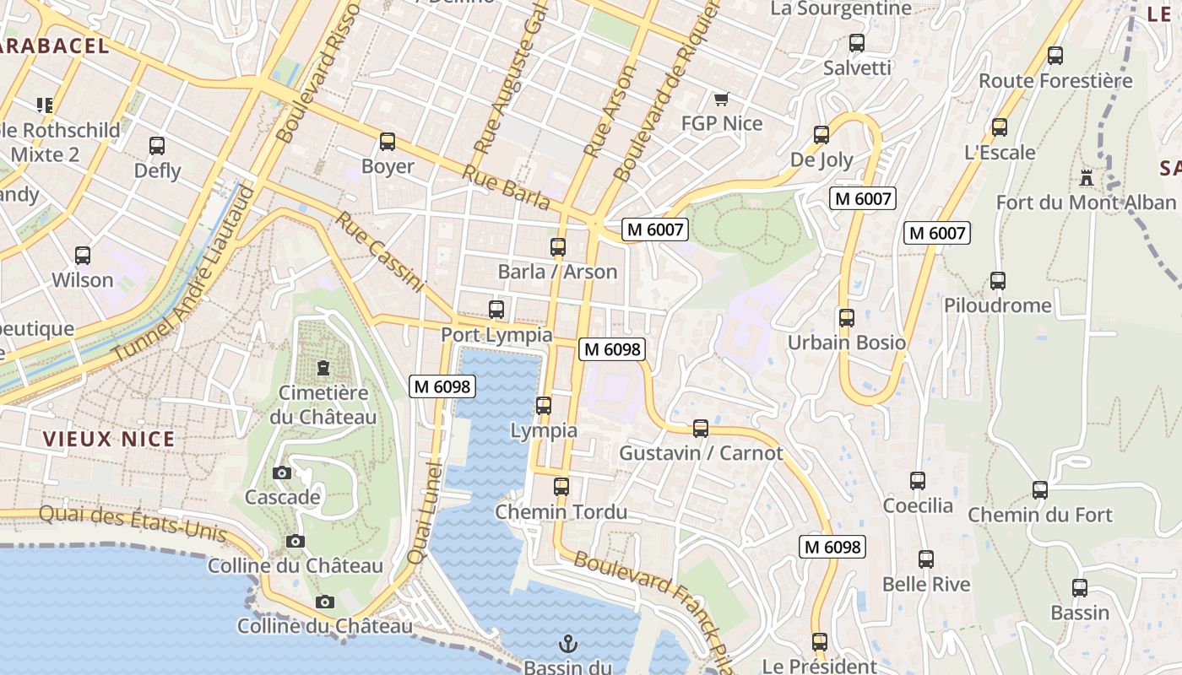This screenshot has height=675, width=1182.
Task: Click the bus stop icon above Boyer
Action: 388,142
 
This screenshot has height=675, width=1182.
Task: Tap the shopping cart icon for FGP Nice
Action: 721,100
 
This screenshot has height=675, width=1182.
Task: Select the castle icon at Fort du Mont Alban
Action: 1086,178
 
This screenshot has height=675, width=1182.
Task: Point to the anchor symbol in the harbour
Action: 568,645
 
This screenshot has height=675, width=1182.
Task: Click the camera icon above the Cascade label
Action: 282,472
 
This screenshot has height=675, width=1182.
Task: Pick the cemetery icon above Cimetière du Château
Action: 323,367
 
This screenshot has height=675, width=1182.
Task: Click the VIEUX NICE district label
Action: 109,439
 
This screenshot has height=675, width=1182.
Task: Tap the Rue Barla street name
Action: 507,187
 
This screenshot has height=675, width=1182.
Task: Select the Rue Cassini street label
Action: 380,252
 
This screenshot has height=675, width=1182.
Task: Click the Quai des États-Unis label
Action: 133,523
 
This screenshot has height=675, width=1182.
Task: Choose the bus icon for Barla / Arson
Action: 557,247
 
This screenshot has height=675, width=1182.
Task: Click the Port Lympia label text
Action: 496,335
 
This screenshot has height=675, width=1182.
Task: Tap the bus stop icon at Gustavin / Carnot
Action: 701,429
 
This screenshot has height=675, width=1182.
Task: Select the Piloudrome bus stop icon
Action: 998,281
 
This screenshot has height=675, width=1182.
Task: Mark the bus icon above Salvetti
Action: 857,43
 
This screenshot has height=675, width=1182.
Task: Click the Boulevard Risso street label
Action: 318,72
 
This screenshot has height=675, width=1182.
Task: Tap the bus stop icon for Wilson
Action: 83,256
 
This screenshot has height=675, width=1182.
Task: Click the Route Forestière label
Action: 1055,81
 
